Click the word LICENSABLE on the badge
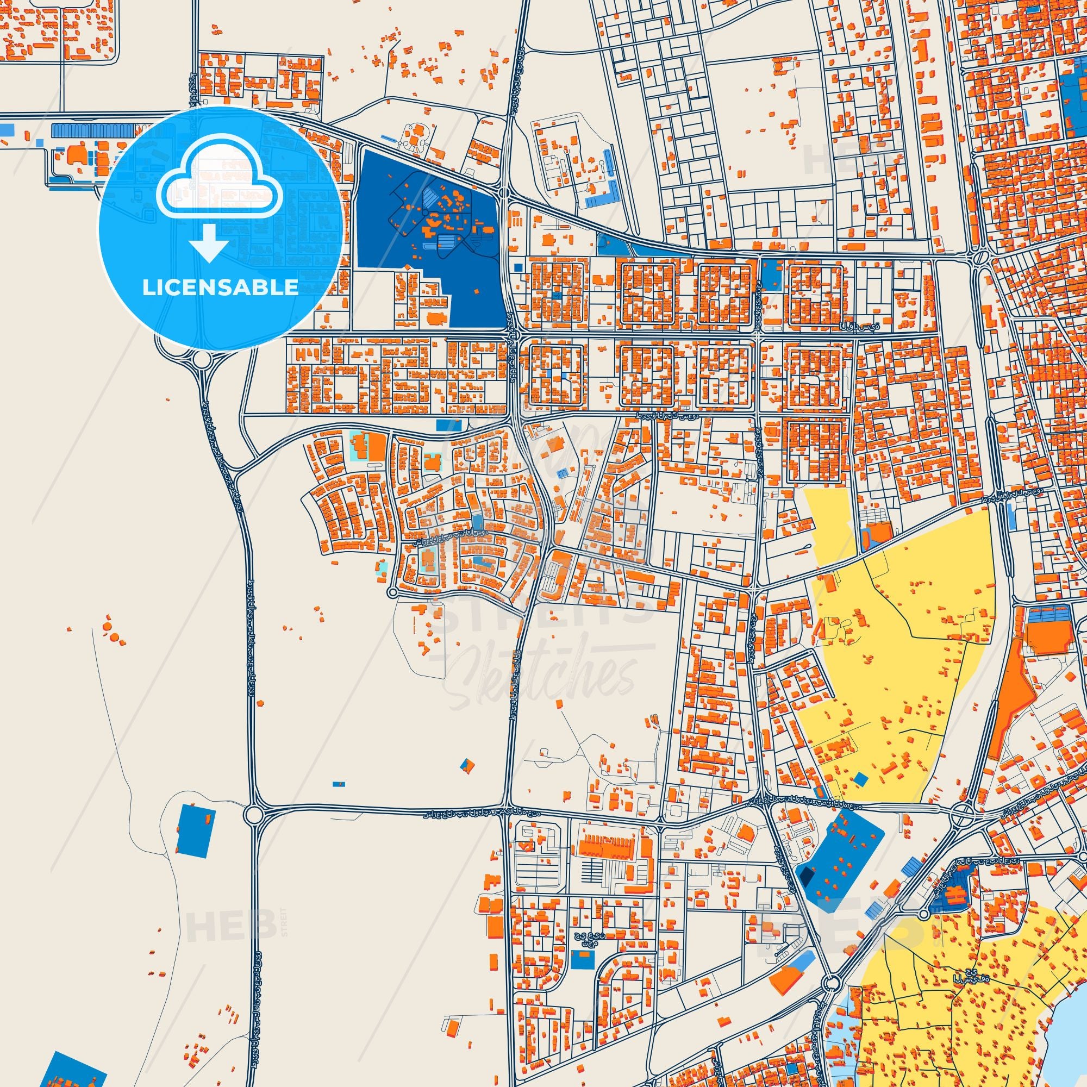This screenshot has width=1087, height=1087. [x=220, y=288]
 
